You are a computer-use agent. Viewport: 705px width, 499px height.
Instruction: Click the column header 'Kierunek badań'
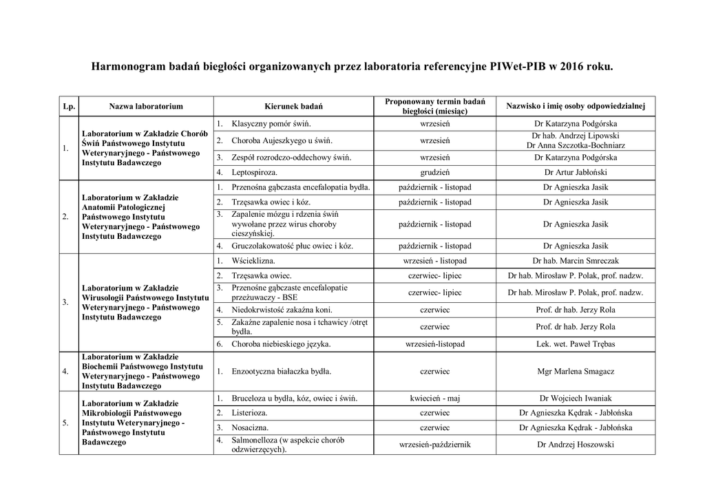[293, 107]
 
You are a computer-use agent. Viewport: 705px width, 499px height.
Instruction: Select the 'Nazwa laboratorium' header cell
[145, 107]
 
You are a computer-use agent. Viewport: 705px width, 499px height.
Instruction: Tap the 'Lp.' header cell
[68, 107]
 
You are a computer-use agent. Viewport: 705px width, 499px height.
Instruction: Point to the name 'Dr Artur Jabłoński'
[576, 172]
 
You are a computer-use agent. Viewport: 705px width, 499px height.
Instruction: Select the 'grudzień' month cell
[434, 172]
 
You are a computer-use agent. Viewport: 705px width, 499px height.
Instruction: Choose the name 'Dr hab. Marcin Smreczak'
[576, 262]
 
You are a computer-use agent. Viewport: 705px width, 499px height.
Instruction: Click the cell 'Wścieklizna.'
[253, 262]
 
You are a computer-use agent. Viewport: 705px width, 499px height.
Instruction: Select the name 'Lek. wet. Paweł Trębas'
[576, 343]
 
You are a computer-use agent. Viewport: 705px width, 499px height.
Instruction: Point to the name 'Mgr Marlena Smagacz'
[576, 372]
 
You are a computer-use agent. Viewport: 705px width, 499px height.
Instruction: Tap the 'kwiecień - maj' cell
[434, 399]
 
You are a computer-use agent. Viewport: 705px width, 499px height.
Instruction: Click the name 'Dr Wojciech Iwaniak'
[576, 399]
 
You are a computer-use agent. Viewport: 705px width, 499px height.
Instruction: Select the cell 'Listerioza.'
[250, 413]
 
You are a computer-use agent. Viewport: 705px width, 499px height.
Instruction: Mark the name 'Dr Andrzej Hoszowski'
[576, 445]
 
